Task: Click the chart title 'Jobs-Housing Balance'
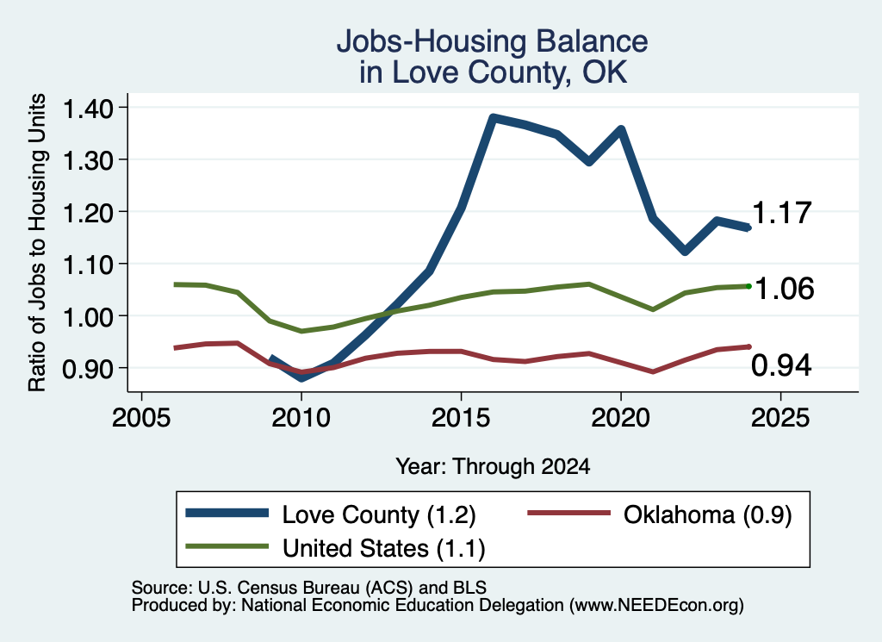point(492,41)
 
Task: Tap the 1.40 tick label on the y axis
point(88,109)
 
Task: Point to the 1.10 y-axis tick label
point(88,265)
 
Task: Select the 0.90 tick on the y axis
point(88,369)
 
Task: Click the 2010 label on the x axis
point(301,418)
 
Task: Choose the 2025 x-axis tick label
point(780,418)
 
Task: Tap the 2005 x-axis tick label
point(142,418)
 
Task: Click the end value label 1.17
point(782,213)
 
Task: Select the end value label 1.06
point(784,289)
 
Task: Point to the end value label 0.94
point(781,365)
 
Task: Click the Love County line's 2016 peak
point(493,118)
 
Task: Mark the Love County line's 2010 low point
point(301,377)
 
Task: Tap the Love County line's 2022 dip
point(685,251)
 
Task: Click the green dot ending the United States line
point(748,286)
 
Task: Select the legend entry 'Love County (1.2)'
point(331,514)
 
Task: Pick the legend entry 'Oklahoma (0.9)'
point(659,514)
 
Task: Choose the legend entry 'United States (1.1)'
point(335,548)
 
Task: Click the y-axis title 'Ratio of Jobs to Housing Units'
point(37,242)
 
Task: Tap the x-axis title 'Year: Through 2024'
point(493,466)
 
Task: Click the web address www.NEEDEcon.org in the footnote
point(656,606)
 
